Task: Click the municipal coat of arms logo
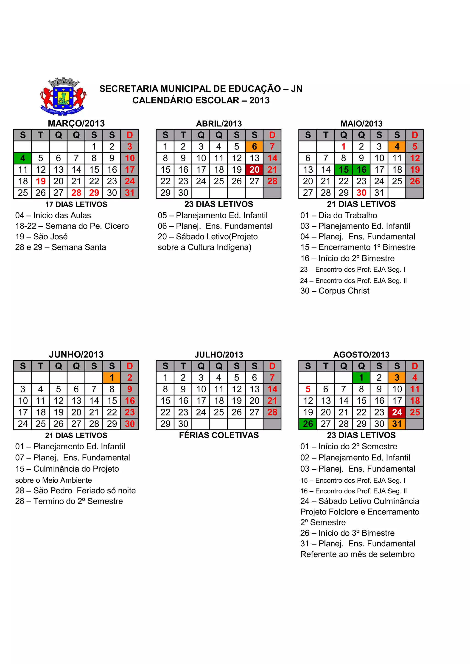click(x=63, y=97)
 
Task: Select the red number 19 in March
click(x=41, y=181)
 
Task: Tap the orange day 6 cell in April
click(x=254, y=147)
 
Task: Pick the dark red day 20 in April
click(x=254, y=170)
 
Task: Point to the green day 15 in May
click(x=344, y=170)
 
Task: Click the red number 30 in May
click(x=361, y=193)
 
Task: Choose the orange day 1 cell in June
click(x=112, y=378)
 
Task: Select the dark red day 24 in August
click(x=397, y=412)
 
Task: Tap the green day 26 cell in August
click(x=308, y=424)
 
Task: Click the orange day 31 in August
click(x=397, y=424)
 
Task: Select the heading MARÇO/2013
click(x=76, y=124)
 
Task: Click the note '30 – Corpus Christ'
click(x=335, y=291)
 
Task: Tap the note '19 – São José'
click(x=41, y=237)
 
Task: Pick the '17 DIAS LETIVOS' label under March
click(x=76, y=205)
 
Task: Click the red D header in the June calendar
click(x=129, y=366)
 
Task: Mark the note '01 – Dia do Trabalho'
click(x=339, y=216)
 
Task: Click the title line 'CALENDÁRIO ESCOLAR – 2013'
click(x=201, y=100)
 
